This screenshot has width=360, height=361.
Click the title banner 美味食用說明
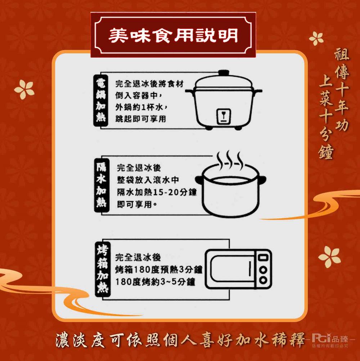173,35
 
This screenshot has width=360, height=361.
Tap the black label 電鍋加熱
100,100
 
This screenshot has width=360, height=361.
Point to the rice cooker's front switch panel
223,116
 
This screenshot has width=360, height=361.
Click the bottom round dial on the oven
264,280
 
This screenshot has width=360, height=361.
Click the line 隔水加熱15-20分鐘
157,193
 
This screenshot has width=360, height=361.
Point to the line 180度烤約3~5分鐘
155,281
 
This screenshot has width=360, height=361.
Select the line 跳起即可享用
141,119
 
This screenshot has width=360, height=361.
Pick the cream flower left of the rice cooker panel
24,89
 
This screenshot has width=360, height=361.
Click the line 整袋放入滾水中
148,180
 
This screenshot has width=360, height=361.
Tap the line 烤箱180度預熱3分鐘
158,269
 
